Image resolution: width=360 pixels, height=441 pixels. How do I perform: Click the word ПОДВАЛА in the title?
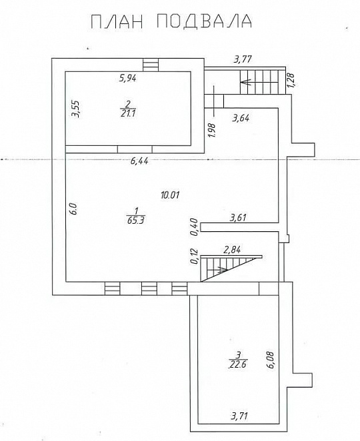[x=203, y=21]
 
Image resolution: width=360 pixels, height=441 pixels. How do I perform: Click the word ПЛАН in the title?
[x=117, y=21]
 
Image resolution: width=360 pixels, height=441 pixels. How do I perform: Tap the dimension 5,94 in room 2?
[x=128, y=78]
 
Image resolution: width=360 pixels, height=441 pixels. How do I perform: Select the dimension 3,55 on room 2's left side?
[x=75, y=109]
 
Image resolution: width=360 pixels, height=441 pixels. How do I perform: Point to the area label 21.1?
[x=128, y=114]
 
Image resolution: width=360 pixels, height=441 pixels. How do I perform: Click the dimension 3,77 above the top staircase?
[x=243, y=59]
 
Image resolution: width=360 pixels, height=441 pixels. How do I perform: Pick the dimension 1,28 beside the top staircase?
[x=291, y=80]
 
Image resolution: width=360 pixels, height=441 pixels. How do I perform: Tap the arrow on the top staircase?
[x=246, y=83]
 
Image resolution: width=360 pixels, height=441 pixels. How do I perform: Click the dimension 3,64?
[x=241, y=118]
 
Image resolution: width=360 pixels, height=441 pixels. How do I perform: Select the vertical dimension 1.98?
[x=212, y=130]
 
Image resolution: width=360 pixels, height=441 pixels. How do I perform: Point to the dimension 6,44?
[x=139, y=161]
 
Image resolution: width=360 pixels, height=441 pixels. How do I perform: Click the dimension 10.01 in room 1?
[x=170, y=195]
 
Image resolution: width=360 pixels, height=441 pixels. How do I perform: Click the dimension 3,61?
[x=238, y=218]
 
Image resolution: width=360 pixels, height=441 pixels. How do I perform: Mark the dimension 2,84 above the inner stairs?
[x=231, y=249]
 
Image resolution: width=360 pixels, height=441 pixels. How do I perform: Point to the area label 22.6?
[x=238, y=364]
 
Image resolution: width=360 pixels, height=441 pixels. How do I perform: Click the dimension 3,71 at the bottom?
[x=239, y=416]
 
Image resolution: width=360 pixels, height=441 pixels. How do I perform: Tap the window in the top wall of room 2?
[x=151, y=65]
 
